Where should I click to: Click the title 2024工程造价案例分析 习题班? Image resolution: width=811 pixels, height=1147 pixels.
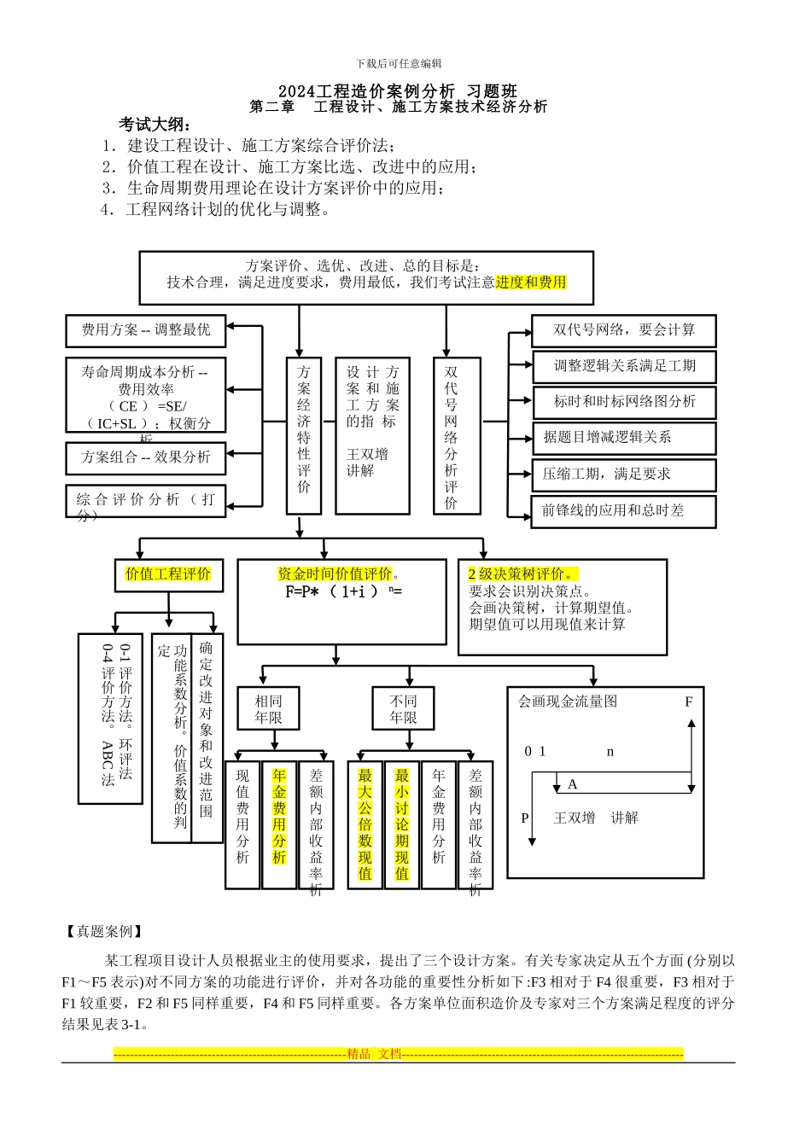tap(398, 91)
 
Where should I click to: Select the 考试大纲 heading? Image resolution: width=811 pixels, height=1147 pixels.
tap(155, 125)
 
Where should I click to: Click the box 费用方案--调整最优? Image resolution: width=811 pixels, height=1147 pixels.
tap(146, 330)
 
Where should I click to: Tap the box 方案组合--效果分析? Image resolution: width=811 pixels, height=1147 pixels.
tap(146, 457)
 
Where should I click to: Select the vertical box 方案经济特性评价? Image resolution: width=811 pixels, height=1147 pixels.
tap(304, 435)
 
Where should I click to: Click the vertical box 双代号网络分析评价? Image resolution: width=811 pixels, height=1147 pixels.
tap(451, 435)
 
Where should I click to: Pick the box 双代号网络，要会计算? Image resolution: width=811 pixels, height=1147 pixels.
tap(623, 330)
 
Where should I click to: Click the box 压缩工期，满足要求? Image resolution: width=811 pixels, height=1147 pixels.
tap(623, 475)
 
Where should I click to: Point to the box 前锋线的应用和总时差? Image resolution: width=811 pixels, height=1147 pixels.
tap(623, 511)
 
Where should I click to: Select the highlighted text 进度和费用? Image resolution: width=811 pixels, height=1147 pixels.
tap(531, 282)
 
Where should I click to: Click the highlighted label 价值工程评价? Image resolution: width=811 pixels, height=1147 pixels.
tap(168, 574)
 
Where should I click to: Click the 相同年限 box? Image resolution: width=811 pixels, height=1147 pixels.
tap(268, 709)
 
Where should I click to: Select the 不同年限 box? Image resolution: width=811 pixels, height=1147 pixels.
tap(403, 709)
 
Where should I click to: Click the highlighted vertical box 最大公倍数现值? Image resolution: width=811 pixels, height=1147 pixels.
tap(365, 824)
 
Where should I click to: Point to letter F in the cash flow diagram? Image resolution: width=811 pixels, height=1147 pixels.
tap(689, 702)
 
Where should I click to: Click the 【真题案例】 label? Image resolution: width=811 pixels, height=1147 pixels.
tap(104, 931)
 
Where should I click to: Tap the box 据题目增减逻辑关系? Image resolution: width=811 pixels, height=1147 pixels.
tap(623, 438)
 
